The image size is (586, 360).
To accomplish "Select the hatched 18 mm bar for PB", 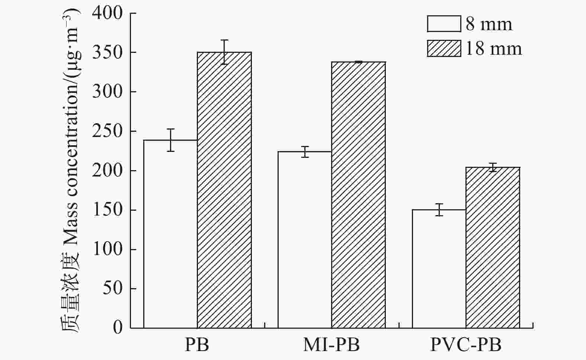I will coord(224,190).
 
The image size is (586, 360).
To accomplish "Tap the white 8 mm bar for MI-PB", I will coord(305,240).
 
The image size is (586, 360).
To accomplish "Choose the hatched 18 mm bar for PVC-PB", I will coord(493,248).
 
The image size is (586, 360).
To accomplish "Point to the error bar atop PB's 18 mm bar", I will coord(224,52).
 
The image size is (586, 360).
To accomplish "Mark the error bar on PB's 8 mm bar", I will coord(170,140).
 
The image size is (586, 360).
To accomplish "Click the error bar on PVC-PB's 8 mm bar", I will coord(439,210).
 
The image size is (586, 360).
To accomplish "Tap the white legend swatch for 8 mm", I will coord(444,24).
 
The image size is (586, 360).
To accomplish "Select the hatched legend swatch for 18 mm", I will coord(444,48).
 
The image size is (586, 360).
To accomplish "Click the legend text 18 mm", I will coord(493,48).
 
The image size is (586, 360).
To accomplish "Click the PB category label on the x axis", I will coord(197,345).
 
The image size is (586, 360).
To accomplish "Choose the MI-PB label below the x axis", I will coord(332,345).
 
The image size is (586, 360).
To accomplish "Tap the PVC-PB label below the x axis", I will coord(466,345).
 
